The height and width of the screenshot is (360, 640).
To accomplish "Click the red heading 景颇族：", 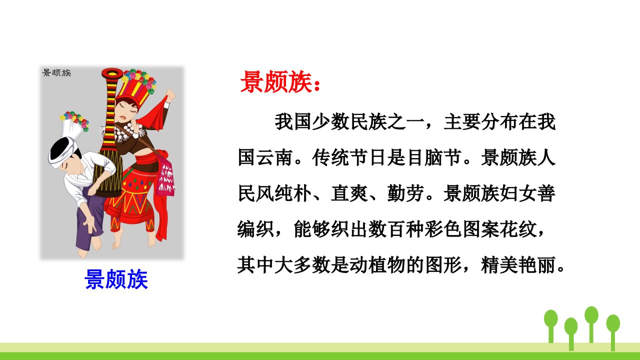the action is pyautogui.click(x=280, y=82).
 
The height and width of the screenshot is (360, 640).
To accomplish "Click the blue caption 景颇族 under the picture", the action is pyautogui.click(x=116, y=279).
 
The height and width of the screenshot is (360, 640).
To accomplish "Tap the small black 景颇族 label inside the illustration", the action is pyautogui.click(x=56, y=72).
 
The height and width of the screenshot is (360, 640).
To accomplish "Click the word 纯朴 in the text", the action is pyautogui.click(x=292, y=193).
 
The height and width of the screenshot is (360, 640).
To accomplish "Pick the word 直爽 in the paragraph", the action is pyautogui.click(x=349, y=193).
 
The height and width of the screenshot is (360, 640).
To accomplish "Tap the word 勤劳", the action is pyautogui.click(x=405, y=193).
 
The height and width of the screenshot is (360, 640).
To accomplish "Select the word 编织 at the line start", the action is pyautogui.click(x=255, y=229).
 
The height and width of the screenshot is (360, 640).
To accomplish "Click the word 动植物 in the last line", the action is pyautogui.click(x=377, y=265).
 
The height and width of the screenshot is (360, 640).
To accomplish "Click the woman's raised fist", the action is pyautogui.click(x=170, y=95).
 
